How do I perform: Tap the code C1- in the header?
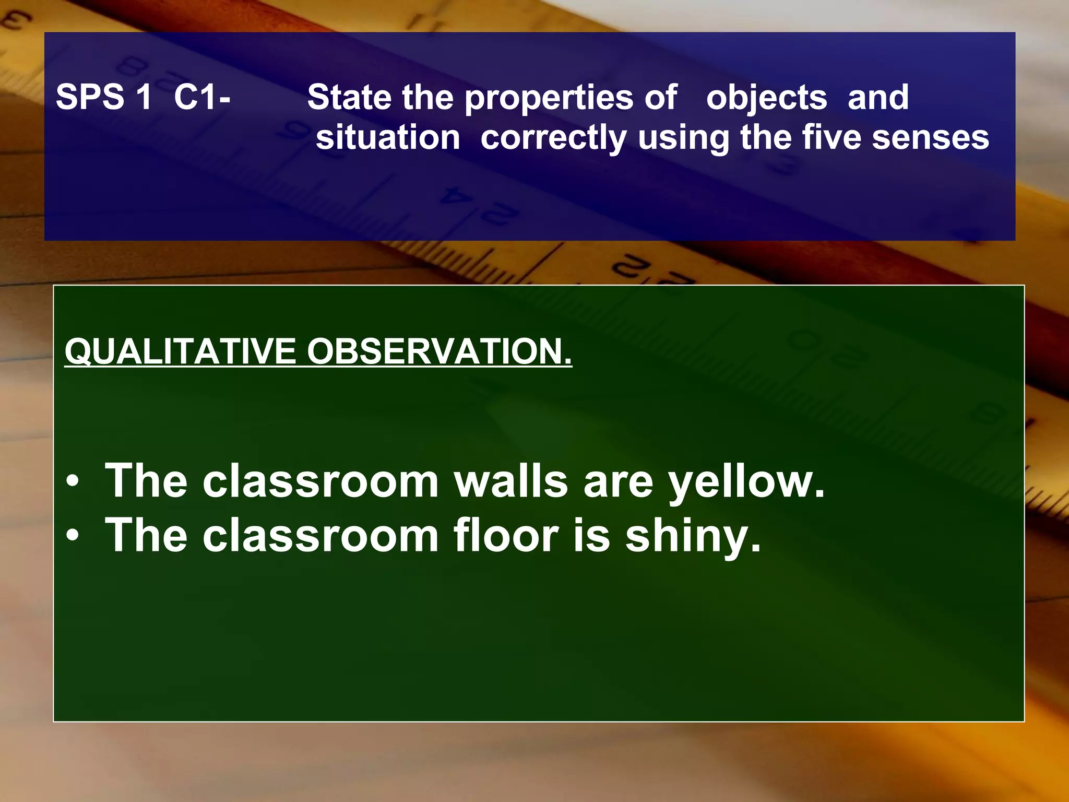(x=202, y=97)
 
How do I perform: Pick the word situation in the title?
(x=388, y=138)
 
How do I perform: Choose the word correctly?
(x=553, y=139)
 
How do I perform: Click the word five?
(x=831, y=138)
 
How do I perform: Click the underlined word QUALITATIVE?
(x=180, y=351)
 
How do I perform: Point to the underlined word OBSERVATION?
(x=439, y=351)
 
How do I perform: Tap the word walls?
(x=511, y=481)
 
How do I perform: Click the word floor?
(x=506, y=535)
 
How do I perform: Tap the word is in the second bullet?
(x=591, y=535)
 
